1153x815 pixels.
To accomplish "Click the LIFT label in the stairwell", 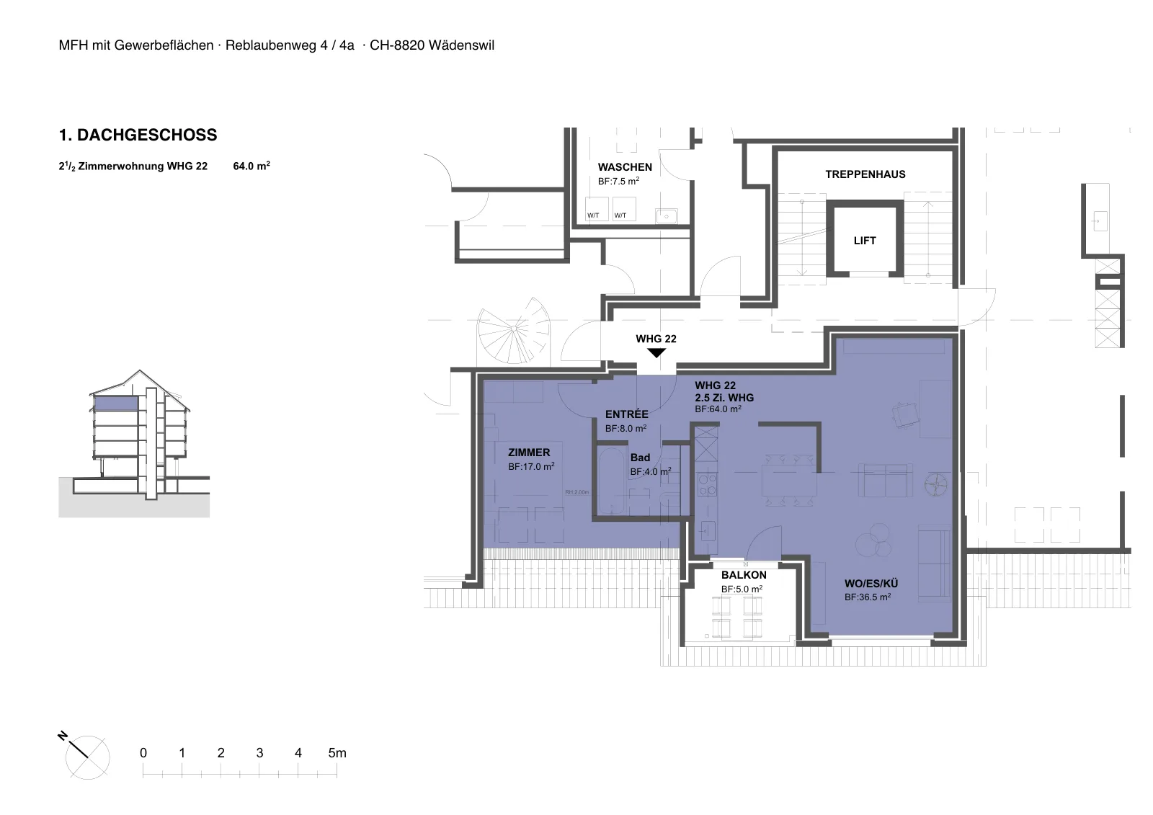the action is pos(864,241).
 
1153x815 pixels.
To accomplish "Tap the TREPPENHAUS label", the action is pos(865,174).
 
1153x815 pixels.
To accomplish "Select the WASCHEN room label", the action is pos(625,166).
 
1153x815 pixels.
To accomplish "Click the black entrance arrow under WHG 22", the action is pos(656,352).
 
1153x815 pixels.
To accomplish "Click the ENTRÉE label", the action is pos(626,414).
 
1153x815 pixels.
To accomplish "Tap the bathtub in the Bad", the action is pos(612,481).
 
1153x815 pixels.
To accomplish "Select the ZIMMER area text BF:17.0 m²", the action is pos(531,466).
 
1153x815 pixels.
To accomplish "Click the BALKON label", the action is pos(744,575).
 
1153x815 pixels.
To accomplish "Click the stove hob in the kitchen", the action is pos(707,484).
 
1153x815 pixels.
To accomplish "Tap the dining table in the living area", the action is pos(789,480).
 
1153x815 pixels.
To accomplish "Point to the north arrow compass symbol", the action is pos(85,755).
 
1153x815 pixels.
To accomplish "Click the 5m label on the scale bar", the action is pos(337,753).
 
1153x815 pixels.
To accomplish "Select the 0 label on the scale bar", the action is pos(143,753).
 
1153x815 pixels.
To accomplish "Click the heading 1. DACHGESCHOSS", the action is pos(138,135).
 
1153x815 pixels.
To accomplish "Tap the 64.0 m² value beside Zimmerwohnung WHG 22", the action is pos(251,166).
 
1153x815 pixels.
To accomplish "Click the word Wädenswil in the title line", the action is pos(461,45).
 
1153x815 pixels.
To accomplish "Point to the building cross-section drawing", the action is pos(134,442).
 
